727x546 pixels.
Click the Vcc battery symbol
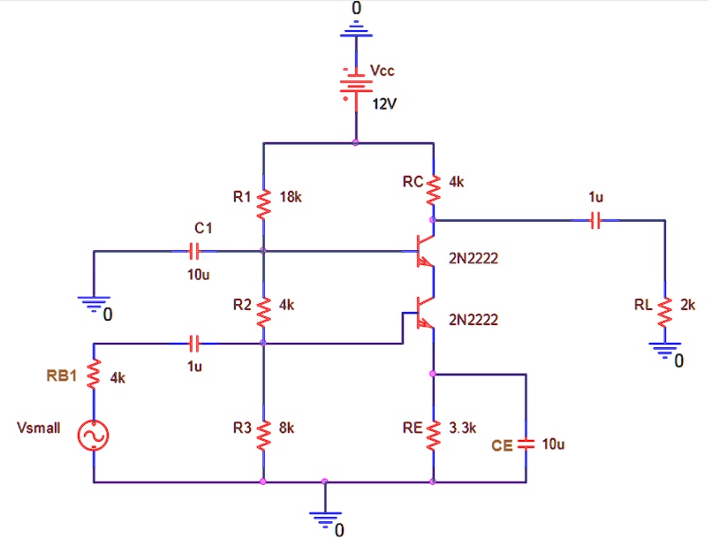(x=356, y=87)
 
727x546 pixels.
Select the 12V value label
(x=384, y=104)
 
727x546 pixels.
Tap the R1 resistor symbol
(x=263, y=203)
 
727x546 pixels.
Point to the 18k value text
(x=290, y=197)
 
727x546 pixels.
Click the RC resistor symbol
(x=433, y=188)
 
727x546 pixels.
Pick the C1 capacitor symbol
(x=203, y=251)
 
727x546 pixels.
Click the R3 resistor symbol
(x=263, y=434)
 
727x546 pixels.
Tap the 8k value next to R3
(x=286, y=428)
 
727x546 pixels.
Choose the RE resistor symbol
(x=433, y=434)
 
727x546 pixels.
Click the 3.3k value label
(x=463, y=428)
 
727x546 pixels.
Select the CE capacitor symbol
(x=526, y=444)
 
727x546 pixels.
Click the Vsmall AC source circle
(x=94, y=436)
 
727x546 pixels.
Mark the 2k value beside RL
(x=688, y=305)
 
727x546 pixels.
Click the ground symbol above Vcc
(x=356, y=32)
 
